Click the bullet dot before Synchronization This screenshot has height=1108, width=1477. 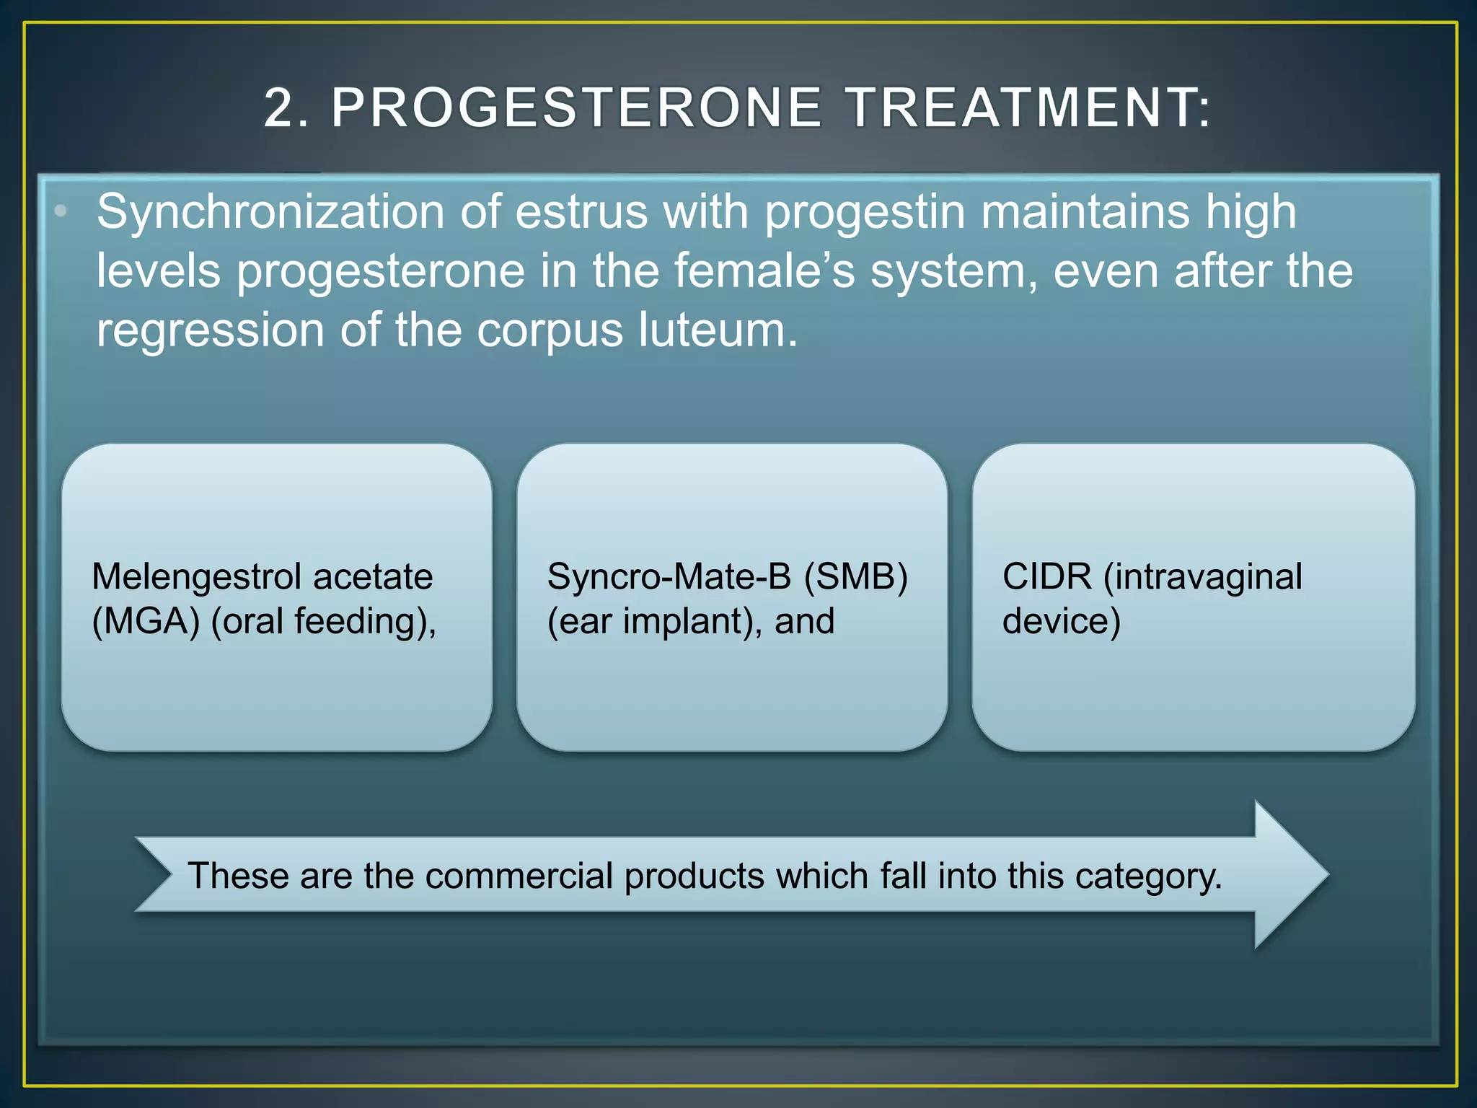click(x=61, y=211)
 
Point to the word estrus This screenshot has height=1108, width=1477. click(x=581, y=212)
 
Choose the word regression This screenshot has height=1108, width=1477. click(x=210, y=331)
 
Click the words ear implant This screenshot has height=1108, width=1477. click(x=653, y=621)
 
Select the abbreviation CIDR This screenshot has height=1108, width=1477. click(x=1046, y=577)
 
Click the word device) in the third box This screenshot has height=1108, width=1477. click(x=1061, y=621)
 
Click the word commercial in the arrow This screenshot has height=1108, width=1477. click(x=519, y=876)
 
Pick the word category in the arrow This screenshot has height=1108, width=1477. click(x=1147, y=877)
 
